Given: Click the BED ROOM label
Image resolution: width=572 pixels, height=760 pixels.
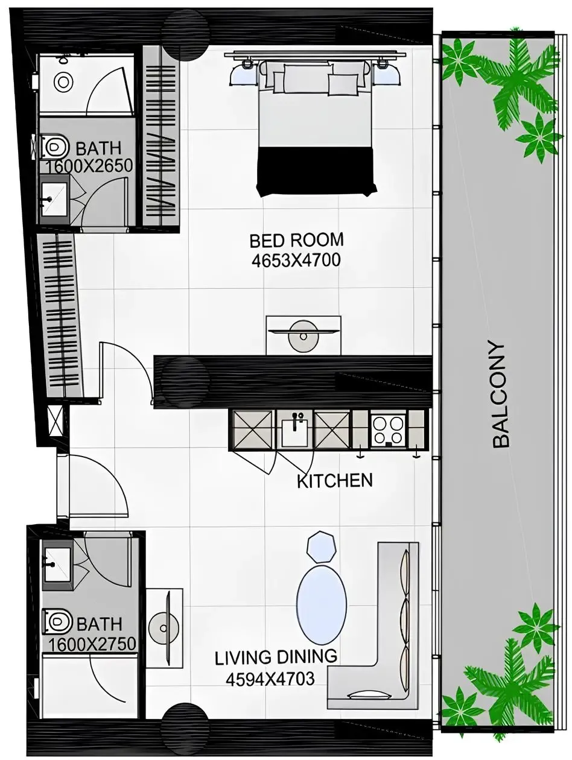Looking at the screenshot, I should [x=296, y=240].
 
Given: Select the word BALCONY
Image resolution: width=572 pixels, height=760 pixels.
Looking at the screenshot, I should [x=501, y=394].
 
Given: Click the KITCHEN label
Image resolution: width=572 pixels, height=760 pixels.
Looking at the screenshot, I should [x=335, y=481].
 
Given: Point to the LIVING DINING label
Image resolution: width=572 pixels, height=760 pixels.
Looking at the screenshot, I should [x=276, y=657].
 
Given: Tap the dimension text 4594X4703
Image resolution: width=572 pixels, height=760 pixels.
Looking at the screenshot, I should [x=270, y=679].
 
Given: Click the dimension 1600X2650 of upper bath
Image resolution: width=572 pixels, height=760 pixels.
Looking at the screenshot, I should [x=89, y=166].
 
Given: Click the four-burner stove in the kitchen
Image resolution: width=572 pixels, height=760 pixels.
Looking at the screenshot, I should [x=387, y=430].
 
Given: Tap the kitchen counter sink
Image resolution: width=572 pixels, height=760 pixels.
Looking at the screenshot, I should [x=295, y=429].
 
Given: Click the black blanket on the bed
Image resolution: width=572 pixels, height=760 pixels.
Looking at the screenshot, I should [x=316, y=171].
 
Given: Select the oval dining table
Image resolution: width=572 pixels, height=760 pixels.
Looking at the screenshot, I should [x=322, y=604].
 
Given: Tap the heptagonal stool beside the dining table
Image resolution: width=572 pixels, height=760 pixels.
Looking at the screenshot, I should [x=320, y=546].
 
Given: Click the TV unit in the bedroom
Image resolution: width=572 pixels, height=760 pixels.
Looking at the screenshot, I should [x=303, y=335].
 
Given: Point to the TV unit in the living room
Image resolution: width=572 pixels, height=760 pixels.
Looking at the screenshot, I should [x=164, y=627].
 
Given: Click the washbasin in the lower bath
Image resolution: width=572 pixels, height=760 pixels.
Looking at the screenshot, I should [x=56, y=565].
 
